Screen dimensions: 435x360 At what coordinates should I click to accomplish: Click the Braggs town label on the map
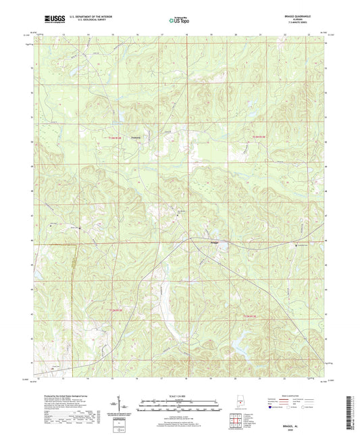click(214, 241)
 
